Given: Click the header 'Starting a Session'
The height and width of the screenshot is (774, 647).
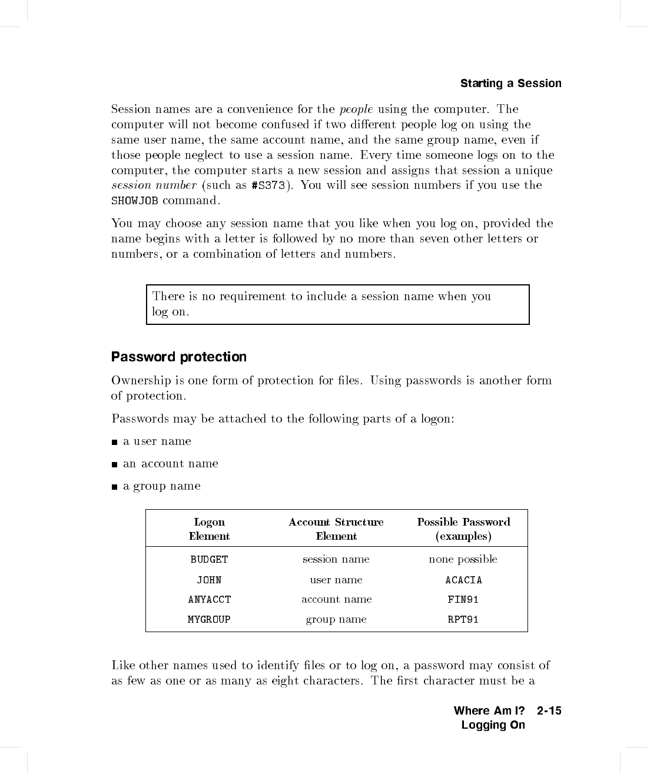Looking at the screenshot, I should (x=510, y=84).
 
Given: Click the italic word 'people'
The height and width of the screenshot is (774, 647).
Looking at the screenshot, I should (x=356, y=109).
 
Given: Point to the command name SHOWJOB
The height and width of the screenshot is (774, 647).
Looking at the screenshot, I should (x=135, y=201).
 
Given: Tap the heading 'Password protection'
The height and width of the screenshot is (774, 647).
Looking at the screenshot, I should (x=179, y=357).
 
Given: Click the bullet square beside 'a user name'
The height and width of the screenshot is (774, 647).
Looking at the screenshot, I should (x=114, y=442).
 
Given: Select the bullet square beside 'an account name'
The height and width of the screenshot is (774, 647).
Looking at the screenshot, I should (x=114, y=464).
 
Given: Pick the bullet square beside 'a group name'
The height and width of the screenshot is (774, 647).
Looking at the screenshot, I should (x=114, y=487).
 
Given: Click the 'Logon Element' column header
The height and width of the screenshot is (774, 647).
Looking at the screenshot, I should (x=210, y=529).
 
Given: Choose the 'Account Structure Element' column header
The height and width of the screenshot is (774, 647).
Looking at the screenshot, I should (x=336, y=529).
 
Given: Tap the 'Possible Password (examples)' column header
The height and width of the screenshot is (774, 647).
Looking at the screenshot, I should (x=463, y=529).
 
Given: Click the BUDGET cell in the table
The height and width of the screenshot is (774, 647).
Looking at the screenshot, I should (x=209, y=560).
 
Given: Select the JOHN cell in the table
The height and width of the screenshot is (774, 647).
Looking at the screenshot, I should (x=209, y=580).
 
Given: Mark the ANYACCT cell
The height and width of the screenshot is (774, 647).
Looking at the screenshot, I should (x=209, y=600).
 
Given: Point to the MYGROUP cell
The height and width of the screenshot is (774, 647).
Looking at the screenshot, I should (x=209, y=620).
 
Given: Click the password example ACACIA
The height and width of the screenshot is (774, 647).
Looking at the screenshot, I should (x=463, y=580).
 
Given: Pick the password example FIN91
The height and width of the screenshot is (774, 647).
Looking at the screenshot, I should (x=463, y=600).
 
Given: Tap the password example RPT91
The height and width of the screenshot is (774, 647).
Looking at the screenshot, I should (x=463, y=620).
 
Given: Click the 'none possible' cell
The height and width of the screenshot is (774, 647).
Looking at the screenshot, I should (x=463, y=559).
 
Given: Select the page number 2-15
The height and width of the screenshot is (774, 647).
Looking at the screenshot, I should (x=549, y=711).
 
